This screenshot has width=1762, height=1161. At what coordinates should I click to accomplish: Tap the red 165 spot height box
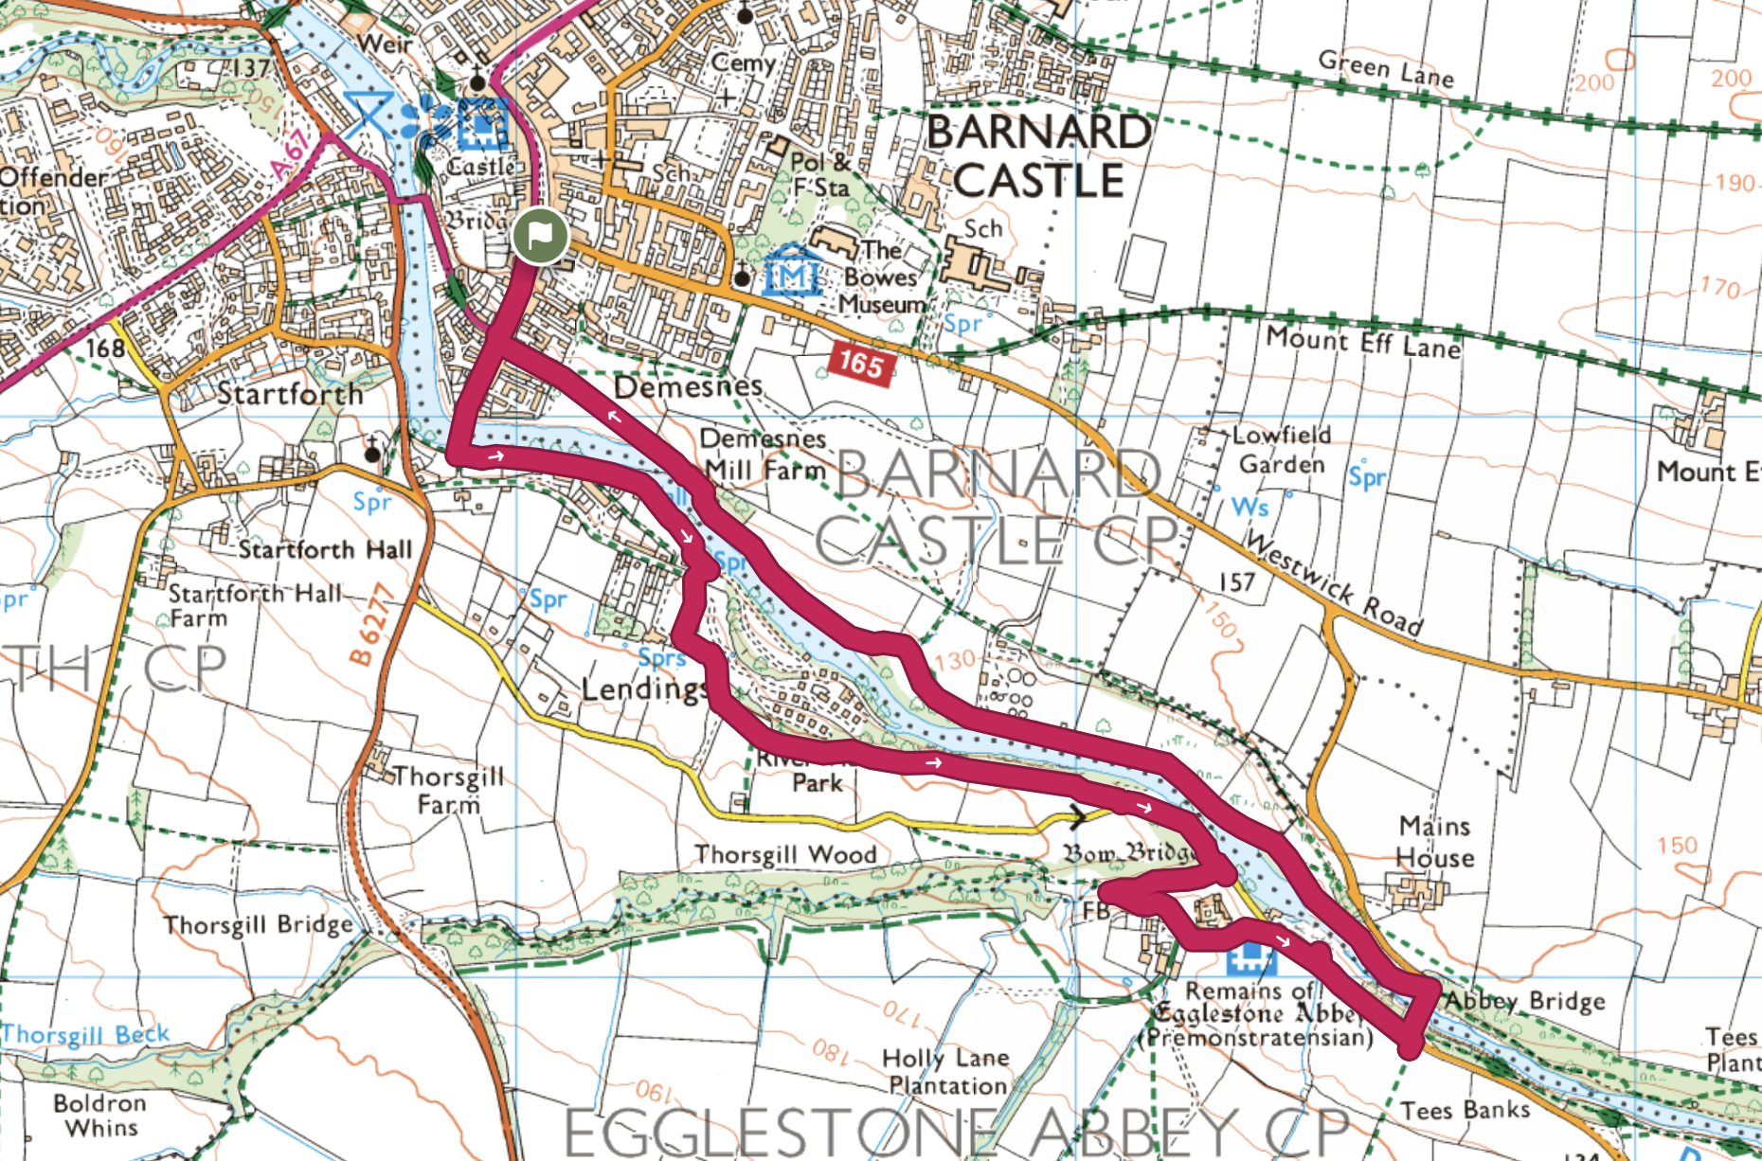[x=860, y=364]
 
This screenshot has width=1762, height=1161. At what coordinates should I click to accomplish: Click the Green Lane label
[x=1385, y=68]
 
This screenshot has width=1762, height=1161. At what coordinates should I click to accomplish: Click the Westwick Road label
[x=1334, y=583]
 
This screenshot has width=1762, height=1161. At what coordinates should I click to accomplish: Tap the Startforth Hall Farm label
[x=253, y=605]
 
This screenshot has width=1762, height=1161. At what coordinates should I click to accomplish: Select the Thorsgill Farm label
[x=448, y=790]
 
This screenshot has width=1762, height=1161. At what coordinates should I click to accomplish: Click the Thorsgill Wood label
[x=785, y=854]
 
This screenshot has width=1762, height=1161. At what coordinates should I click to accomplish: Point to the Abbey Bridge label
[x=1524, y=1001]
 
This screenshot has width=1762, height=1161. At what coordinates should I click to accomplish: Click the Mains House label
[x=1435, y=842]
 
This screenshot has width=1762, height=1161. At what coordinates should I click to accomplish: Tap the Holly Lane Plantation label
[x=946, y=1071]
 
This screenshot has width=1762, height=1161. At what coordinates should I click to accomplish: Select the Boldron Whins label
[x=100, y=1116]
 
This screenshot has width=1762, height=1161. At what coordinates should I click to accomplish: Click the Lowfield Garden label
[x=1283, y=450]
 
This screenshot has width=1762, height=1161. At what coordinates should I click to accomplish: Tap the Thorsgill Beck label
[x=85, y=1034]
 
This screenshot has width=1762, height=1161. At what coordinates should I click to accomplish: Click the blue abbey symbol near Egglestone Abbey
[x=1250, y=959]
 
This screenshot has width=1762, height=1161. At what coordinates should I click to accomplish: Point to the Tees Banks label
[x=1465, y=1110]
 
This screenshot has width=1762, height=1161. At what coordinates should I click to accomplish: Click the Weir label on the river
[x=385, y=44]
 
